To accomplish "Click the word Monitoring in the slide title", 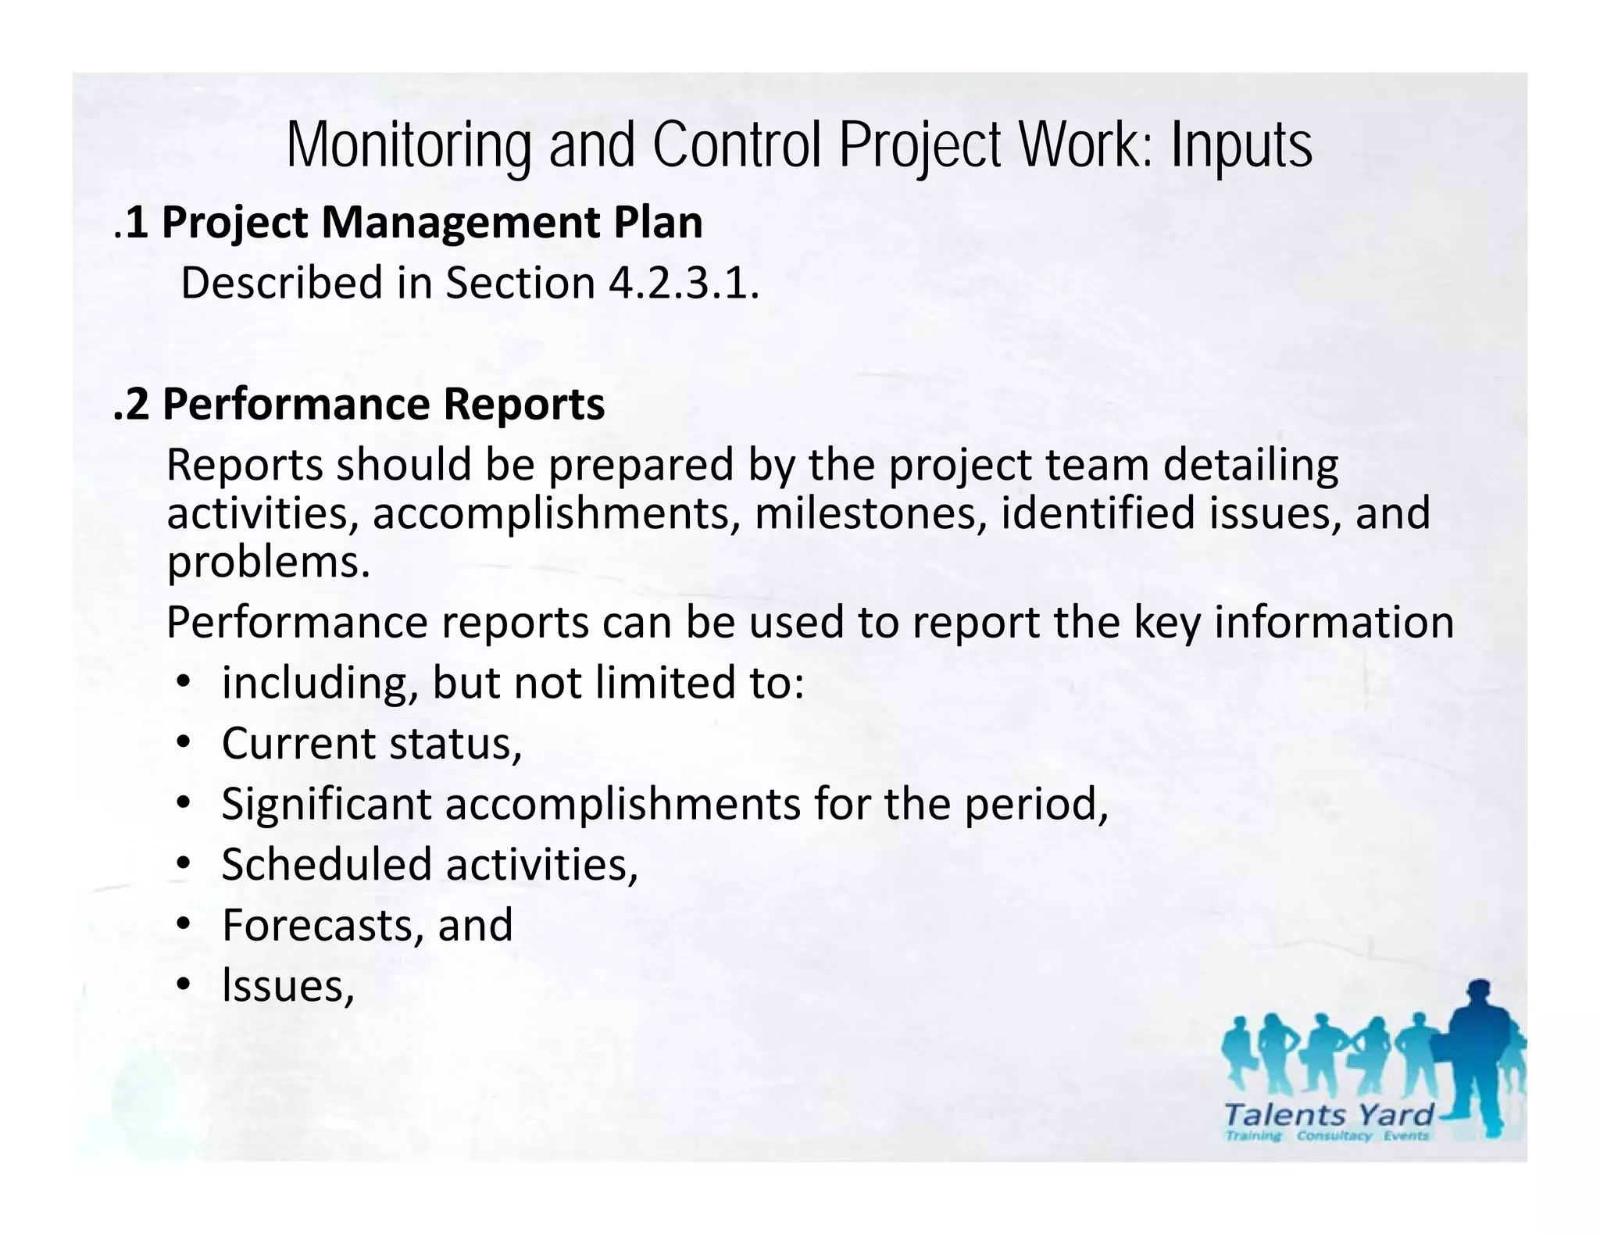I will [x=409, y=146].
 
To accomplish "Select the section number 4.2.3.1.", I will [x=683, y=283].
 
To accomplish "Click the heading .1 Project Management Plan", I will [x=408, y=223].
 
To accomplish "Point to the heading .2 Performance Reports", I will [x=359, y=405].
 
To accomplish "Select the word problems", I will [x=268, y=562].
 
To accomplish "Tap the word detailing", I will [x=1250, y=465].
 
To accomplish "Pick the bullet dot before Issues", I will [x=183, y=984].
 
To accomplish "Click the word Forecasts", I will [x=323, y=925].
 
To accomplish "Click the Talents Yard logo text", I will [x=1329, y=1114].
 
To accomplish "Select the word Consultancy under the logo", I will [x=1334, y=1135].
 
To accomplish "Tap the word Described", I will [x=282, y=283].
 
